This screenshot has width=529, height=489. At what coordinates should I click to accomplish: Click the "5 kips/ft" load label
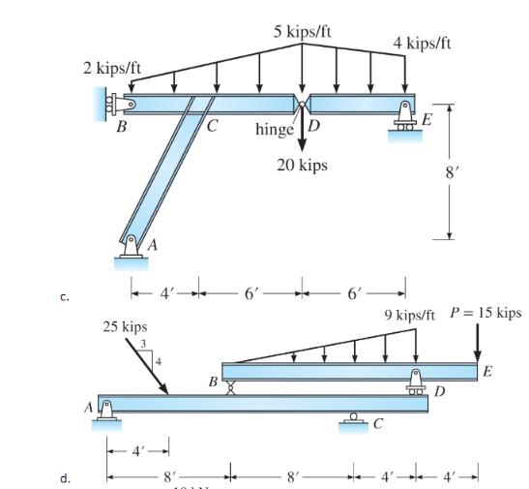(303, 30)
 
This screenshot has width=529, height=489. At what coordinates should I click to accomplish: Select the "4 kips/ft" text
(421, 44)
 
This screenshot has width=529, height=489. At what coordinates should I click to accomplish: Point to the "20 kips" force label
(301, 166)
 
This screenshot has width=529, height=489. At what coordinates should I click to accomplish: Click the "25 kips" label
(126, 328)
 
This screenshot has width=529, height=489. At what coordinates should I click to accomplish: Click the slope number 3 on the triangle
(145, 344)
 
